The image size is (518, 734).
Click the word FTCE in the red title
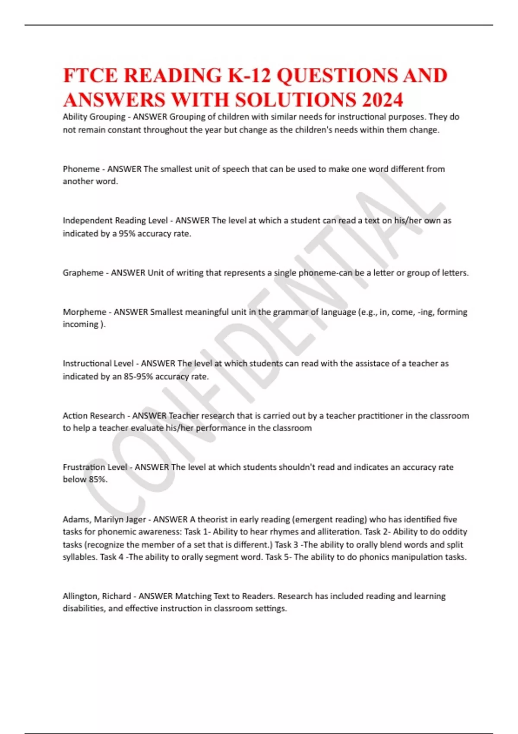tap(90, 76)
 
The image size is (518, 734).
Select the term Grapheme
tap(83, 273)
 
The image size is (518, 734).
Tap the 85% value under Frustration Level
tap(97, 479)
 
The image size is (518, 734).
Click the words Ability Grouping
tap(94, 117)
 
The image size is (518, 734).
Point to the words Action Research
tap(94, 416)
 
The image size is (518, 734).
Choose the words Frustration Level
tap(95, 467)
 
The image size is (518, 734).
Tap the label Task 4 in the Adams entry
tap(111, 557)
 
